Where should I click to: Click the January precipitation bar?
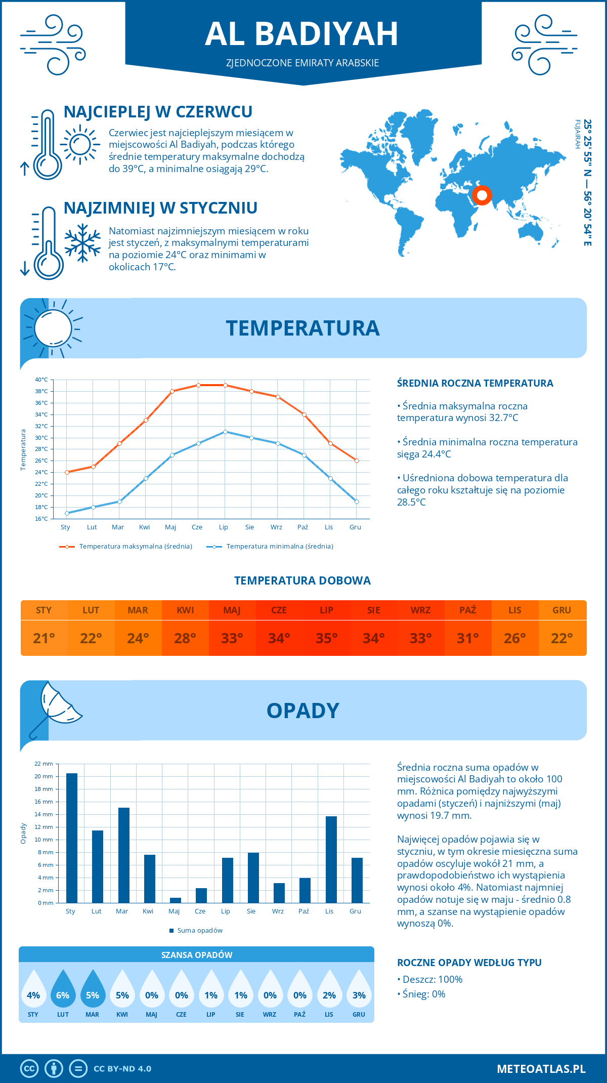click(72, 838)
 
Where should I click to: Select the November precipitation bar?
click(331, 859)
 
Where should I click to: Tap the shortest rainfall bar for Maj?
click(176, 900)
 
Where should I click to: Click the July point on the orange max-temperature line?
click(225, 385)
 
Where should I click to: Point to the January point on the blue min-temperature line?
click(67, 513)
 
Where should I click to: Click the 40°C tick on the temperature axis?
click(41, 380)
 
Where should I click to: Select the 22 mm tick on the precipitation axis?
click(44, 764)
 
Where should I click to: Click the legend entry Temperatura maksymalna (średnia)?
click(126, 547)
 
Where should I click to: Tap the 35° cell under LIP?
click(326, 638)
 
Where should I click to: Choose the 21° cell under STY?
click(44, 638)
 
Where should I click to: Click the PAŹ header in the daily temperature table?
click(467, 610)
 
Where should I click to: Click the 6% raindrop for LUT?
click(63, 989)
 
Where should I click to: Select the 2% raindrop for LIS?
click(329, 989)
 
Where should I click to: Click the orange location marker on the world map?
click(482, 195)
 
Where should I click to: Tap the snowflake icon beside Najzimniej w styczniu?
click(82, 243)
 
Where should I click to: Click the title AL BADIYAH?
click(302, 34)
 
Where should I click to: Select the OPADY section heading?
click(302, 711)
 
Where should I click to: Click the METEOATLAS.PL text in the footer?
click(541, 1069)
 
